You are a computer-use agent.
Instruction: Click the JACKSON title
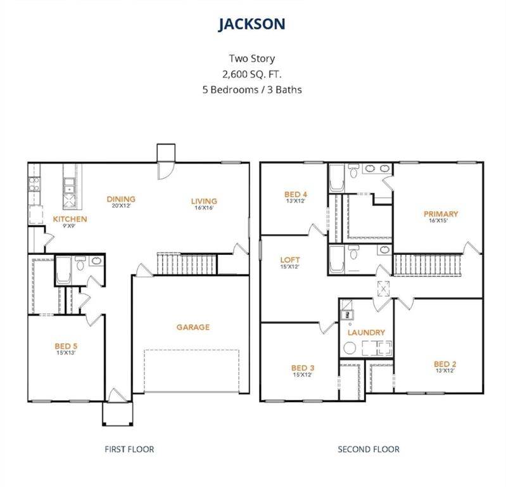[251, 24]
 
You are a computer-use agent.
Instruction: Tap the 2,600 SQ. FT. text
[251, 74]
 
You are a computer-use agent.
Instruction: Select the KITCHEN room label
[70, 219]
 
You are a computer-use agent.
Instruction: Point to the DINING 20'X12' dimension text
[121, 206]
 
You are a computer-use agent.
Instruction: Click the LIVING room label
[204, 201]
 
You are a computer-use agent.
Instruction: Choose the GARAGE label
[193, 327]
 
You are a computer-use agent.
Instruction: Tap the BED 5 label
[66, 346]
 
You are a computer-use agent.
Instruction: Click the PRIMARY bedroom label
[441, 214]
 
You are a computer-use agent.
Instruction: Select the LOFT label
[290, 260]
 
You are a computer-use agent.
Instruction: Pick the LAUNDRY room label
[366, 332]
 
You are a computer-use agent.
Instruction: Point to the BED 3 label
[303, 368]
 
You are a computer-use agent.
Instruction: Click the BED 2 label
[445, 364]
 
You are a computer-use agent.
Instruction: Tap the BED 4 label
[296, 194]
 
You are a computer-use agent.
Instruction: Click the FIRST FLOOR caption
[129, 449]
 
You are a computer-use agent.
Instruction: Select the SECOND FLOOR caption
[369, 449]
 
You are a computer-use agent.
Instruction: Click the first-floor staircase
[187, 264]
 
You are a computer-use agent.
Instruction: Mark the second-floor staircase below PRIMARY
[427, 265]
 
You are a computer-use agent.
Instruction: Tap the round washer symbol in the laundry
[350, 348]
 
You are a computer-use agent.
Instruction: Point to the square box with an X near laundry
[383, 289]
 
